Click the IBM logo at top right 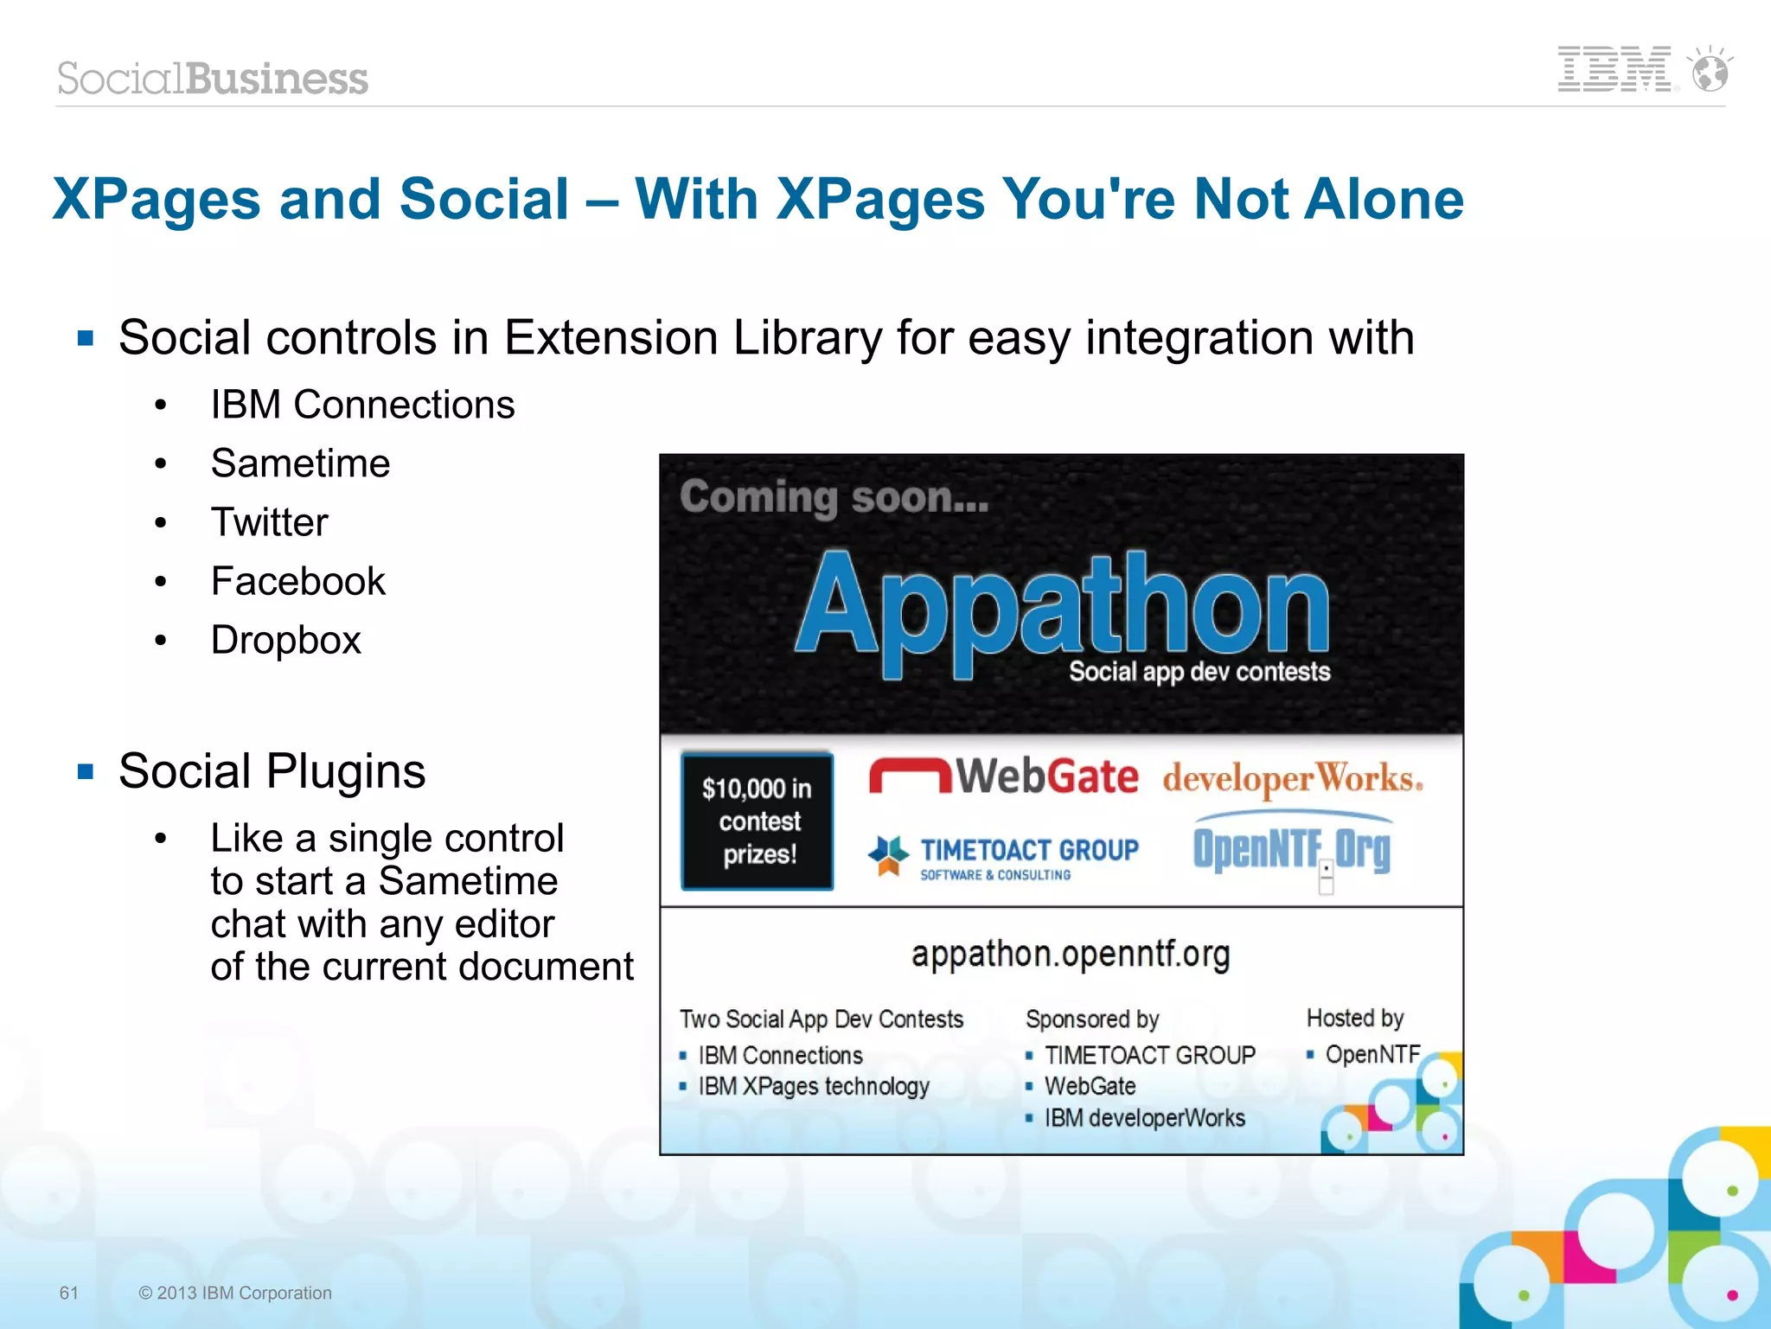pos(1613,69)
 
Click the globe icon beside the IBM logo pos(1710,71)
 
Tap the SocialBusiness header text pos(213,79)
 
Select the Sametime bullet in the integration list pos(300,463)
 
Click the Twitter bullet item pos(269,522)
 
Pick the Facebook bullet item pos(297,581)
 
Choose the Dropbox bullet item pos(285,640)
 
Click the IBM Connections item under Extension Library pos(362,405)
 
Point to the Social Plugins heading pos(272,770)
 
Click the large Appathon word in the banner pos(1062,605)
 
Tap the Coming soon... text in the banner pos(834,497)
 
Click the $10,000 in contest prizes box pos(758,821)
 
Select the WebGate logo pos(1004,776)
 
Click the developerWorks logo pos(1292,778)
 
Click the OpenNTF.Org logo pos(1292,848)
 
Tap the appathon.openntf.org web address pos(1071,954)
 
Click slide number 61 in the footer pos(69,1293)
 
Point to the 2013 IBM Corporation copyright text pos(235,1293)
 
